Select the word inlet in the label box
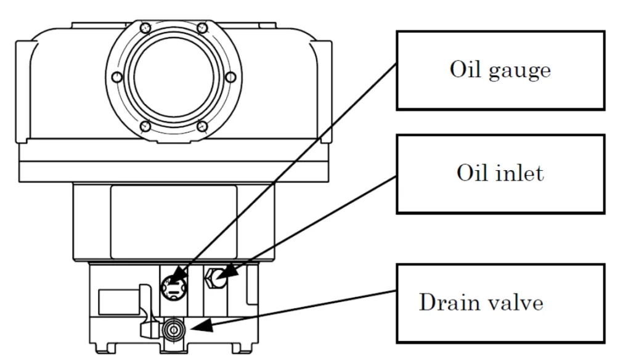523,173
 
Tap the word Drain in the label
449,303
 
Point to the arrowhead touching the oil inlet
223,271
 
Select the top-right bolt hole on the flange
202,27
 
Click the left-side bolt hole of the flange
115,77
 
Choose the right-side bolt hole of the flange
231,77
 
